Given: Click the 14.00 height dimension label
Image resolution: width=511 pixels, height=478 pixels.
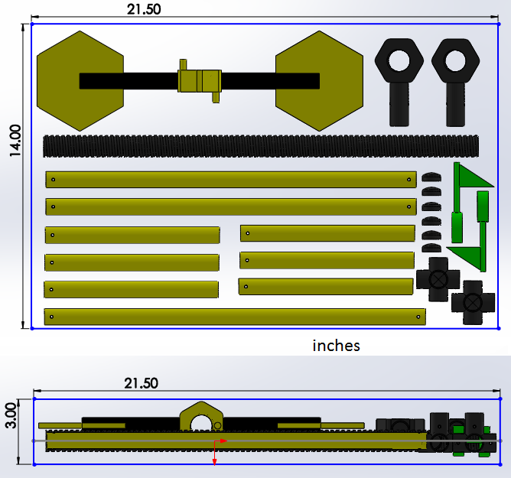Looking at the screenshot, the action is click(15, 141).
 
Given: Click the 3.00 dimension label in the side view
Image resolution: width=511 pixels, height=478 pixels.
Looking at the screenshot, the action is click(11, 415).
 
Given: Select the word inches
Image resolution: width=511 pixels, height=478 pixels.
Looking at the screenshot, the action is click(336, 346).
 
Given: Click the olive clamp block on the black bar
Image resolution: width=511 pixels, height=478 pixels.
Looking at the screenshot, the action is click(200, 81).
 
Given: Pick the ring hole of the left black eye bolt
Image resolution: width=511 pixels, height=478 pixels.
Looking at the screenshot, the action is click(399, 60).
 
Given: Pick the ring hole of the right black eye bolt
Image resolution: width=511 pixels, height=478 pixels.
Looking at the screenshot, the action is click(455, 60).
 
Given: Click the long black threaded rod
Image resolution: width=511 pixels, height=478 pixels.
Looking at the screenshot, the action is click(261, 146).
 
